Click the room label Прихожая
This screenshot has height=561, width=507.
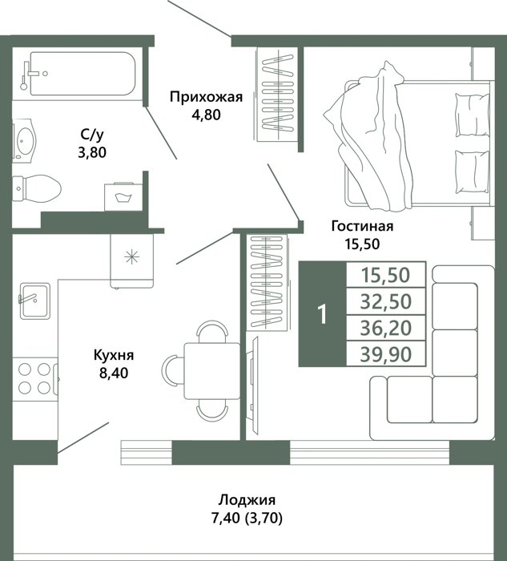coord(207,97)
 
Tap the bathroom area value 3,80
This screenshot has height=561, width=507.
coord(92,153)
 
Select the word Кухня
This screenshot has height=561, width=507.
coord(114,356)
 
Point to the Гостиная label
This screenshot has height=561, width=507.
coord(363,226)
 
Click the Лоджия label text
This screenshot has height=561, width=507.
coord(247,500)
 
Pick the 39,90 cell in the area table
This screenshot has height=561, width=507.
coord(386,354)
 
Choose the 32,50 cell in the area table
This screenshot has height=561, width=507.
coord(386,301)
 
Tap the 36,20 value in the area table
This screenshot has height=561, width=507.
coord(386,328)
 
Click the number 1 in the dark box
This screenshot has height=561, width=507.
coord(323,314)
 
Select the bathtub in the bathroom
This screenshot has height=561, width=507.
coord(82,74)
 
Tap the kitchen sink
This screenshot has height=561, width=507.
coord(34,301)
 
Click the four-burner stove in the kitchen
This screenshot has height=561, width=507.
coord(35,379)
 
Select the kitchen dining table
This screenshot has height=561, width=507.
coord(211,370)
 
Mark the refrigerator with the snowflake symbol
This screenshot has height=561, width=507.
coord(132,260)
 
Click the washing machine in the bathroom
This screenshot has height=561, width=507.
coord(123,197)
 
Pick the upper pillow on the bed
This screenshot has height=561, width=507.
coord(472,115)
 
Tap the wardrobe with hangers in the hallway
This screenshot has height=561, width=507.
coord(278,94)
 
